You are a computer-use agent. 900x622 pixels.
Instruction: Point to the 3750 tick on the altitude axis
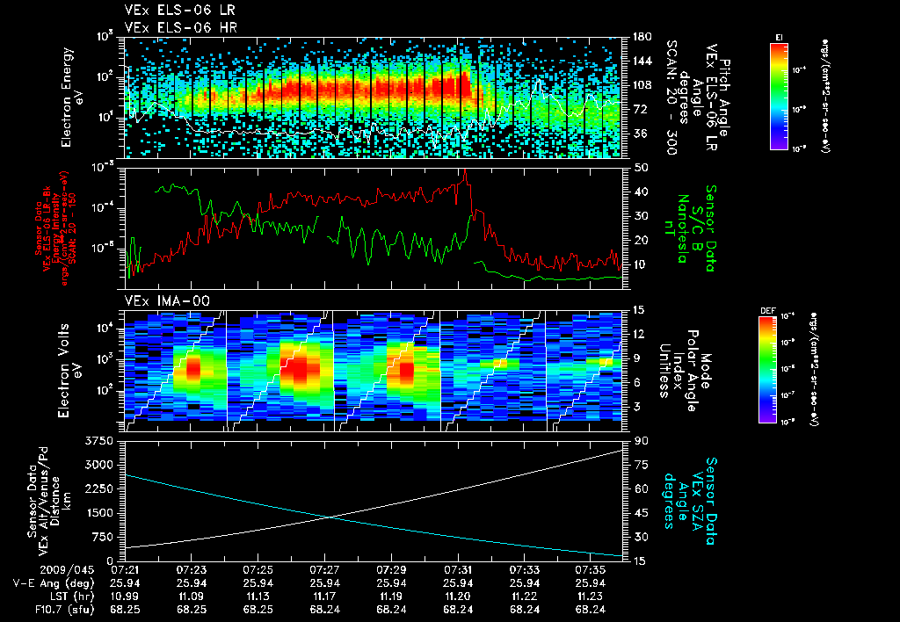coord(103,438)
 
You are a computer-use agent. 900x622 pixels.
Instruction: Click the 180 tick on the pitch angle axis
coord(641,36)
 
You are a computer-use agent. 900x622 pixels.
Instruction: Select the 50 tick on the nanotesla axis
coord(640,167)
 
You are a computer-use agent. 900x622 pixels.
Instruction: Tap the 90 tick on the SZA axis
coord(639,439)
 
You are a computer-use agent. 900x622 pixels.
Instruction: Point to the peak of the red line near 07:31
coord(465,171)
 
